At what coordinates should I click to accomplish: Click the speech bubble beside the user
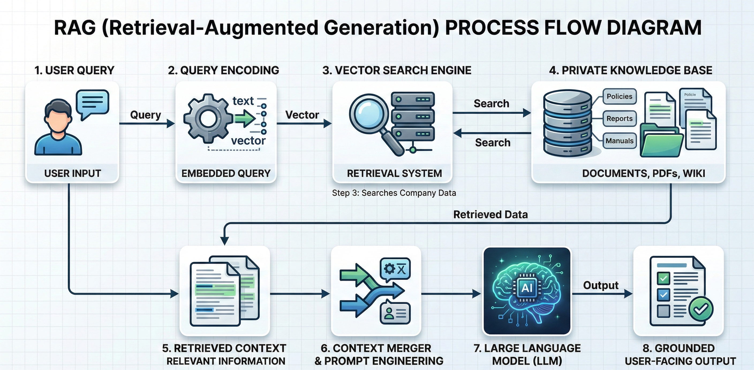(92, 103)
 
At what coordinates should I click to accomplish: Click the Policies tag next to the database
(619, 96)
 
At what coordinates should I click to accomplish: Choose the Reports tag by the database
(619, 119)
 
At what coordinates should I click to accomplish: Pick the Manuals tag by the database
(619, 141)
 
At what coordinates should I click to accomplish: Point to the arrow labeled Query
(146, 123)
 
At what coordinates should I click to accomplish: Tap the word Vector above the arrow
(302, 115)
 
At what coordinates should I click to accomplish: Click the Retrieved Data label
(490, 214)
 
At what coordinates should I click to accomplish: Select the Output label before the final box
(601, 285)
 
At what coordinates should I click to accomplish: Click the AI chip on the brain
(527, 288)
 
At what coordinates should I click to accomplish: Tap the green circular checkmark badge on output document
(701, 308)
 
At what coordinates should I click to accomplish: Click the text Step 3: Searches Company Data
(394, 193)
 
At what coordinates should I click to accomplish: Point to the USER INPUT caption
(73, 173)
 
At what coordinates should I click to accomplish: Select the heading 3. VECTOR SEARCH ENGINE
(397, 70)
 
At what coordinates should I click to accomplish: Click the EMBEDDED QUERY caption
(226, 173)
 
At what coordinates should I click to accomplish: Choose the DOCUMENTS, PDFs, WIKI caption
(643, 173)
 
